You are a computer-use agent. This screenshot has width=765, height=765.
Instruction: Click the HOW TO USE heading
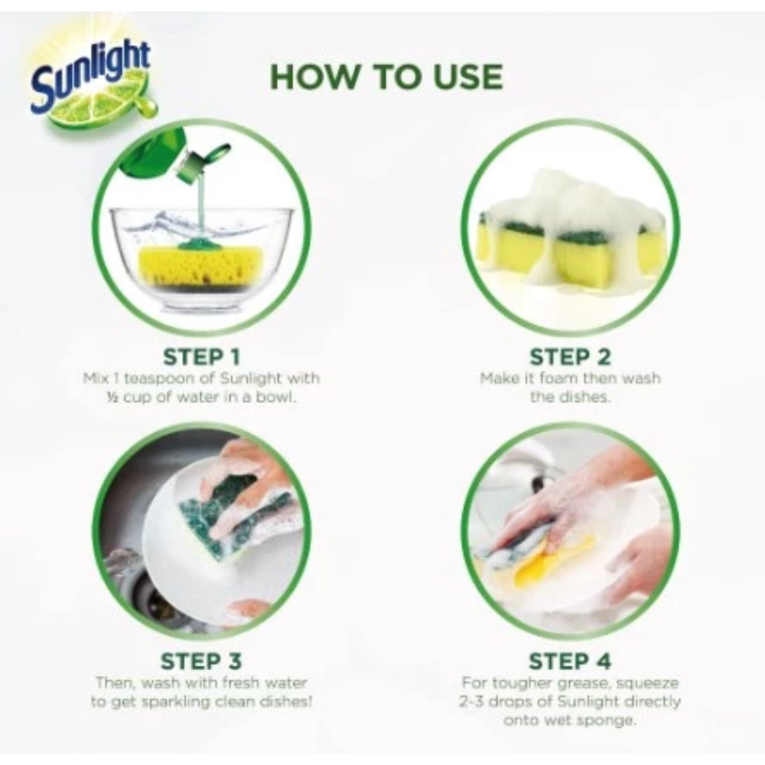point(386,77)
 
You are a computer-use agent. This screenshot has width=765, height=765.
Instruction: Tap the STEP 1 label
point(201,356)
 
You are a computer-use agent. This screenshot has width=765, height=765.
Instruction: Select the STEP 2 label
point(570,356)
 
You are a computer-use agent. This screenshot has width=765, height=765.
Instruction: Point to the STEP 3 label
point(201,661)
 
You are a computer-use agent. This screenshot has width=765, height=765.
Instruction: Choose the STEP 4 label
point(570,661)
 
